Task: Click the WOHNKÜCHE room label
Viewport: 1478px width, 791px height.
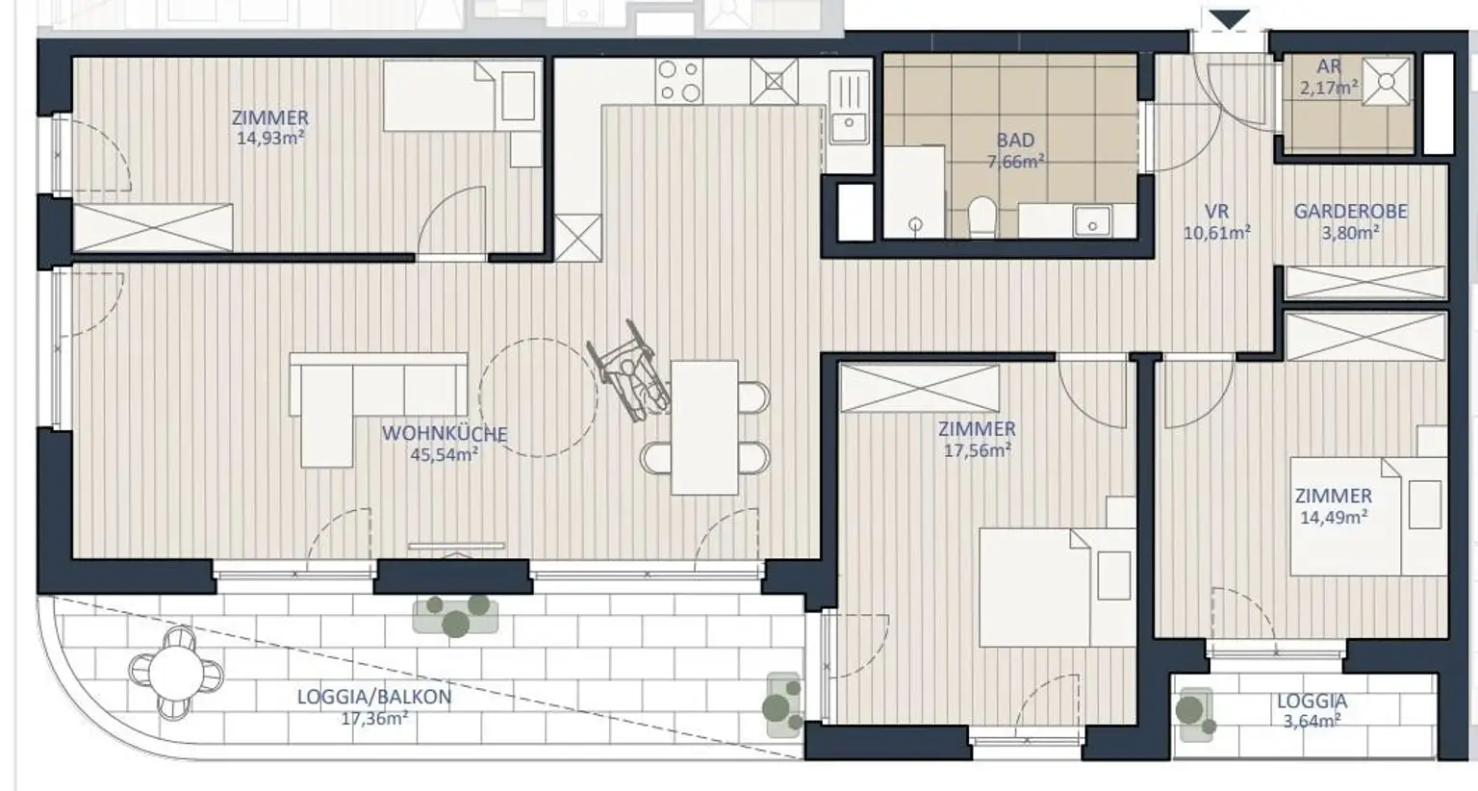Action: [x=445, y=434]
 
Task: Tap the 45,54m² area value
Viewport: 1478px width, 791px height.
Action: [x=444, y=454]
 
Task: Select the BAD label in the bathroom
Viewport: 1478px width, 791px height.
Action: [x=1015, y=140]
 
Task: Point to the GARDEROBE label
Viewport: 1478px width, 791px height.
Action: [x=1351, y=212]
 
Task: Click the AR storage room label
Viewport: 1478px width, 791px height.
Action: [x=1329, y=66]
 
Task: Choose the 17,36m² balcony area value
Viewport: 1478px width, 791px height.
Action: [x=374, y=718]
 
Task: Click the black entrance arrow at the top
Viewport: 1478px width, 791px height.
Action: [x=1229, y=20]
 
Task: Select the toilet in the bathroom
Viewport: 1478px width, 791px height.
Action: [x=982, y=217]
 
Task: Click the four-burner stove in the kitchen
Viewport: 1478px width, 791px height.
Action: [x=679, y=81]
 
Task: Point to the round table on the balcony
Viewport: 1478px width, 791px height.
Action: [x=176, y=673]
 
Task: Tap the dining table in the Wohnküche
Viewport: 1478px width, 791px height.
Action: [x=704, y=427]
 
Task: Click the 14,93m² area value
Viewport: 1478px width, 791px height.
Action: [x=270, y=139]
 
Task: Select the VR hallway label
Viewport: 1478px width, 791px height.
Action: [x=1216, y=212]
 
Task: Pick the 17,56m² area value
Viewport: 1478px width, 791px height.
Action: [x=978, y=450]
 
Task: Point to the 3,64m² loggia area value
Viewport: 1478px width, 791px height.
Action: [x=1312, y=721]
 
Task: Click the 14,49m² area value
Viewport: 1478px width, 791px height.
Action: [x=1334, y=517]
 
